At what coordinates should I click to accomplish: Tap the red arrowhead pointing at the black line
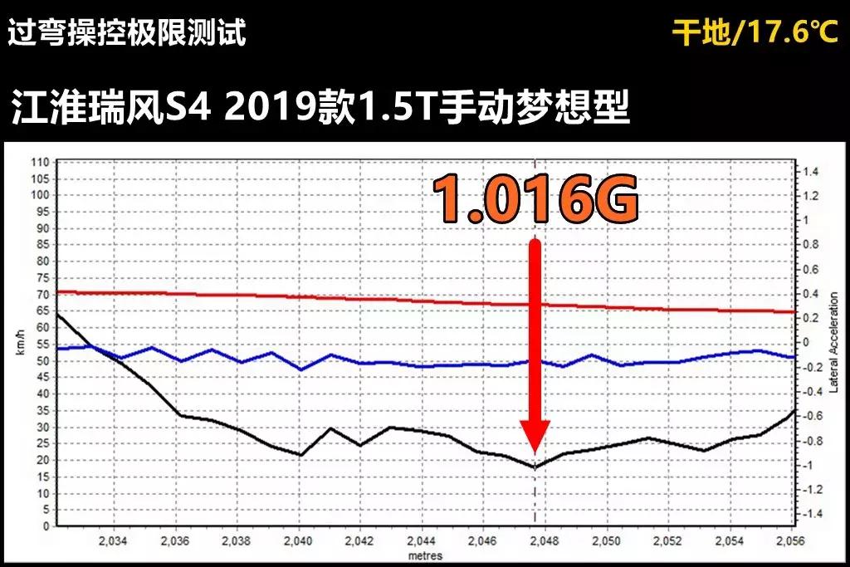535,436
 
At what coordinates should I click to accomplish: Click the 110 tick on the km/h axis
40,162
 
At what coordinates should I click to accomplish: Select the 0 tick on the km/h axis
45,526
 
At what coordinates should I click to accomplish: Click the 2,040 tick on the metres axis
298,541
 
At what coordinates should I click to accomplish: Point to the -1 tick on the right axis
808,465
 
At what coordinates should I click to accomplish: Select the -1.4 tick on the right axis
808,514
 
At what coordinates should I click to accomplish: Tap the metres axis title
424,555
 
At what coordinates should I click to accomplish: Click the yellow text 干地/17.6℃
755,33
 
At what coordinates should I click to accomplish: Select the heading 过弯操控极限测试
126,33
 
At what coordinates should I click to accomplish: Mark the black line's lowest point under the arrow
535,467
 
